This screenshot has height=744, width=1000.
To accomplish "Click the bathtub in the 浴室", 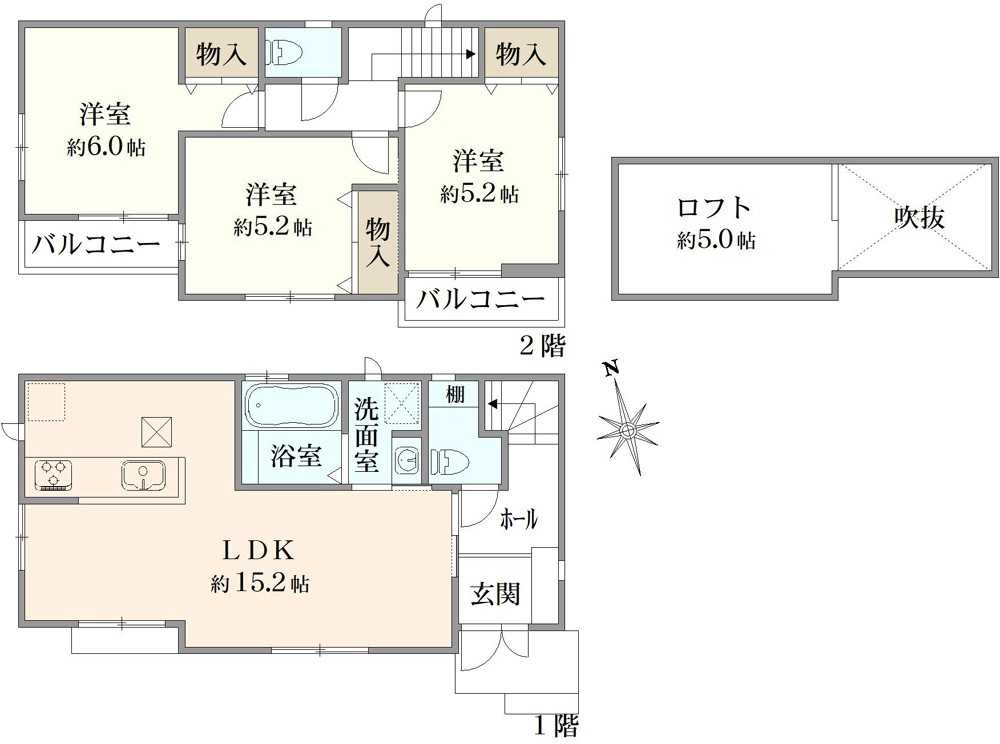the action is click(293, 405).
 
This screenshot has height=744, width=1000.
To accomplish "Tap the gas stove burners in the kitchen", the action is click(54, 474).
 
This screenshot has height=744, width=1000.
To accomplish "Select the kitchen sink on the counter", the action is click(144, 475).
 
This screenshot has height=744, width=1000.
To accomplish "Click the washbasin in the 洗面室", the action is click(406, 457).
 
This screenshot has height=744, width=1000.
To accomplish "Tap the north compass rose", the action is click(628, 430).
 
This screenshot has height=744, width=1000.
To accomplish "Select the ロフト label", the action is click(714, 208).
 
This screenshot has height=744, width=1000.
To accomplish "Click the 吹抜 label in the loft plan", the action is click(919, 217).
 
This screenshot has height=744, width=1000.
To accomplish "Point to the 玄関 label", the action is click(496, 594).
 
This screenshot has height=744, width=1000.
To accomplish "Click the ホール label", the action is click(518, 520).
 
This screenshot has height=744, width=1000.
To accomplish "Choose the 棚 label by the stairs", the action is click(455, 394).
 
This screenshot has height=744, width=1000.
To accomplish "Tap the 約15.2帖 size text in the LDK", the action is click(260, 583).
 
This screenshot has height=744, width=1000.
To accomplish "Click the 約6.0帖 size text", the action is click(106, 148).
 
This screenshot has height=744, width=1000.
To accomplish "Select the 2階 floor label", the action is click(543, 346).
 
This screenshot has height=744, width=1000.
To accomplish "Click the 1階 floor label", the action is click(556, 726).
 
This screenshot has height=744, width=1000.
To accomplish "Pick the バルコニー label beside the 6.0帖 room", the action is click(96, 244).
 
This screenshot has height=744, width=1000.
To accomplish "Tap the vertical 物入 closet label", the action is click(378, 243).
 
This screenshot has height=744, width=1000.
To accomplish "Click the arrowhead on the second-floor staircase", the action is click(471, 54).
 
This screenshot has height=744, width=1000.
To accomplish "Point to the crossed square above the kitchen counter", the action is click(157, 432).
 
